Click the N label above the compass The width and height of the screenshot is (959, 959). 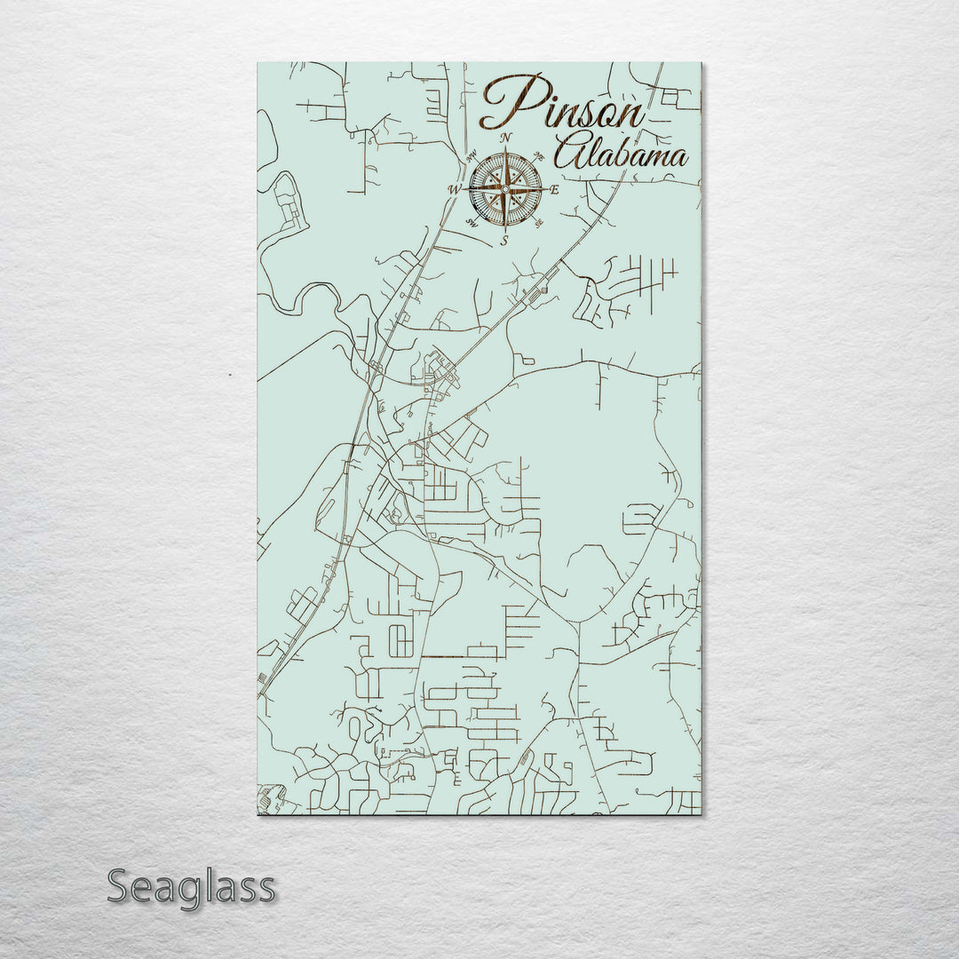click(505, 138)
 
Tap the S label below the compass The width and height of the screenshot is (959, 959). click(503, 241)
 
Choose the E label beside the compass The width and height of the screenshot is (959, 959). click(555, 190)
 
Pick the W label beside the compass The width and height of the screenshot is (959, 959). click(453, 190)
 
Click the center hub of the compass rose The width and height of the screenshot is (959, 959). click(504, 188)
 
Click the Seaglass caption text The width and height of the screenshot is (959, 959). click(191, 886)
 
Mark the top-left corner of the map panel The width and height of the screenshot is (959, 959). click(258, 63)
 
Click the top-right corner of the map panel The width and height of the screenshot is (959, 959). click(700, 63)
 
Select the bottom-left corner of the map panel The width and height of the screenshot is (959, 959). click(258, 813)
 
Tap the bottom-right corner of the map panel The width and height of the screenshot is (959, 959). click(700, 813)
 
